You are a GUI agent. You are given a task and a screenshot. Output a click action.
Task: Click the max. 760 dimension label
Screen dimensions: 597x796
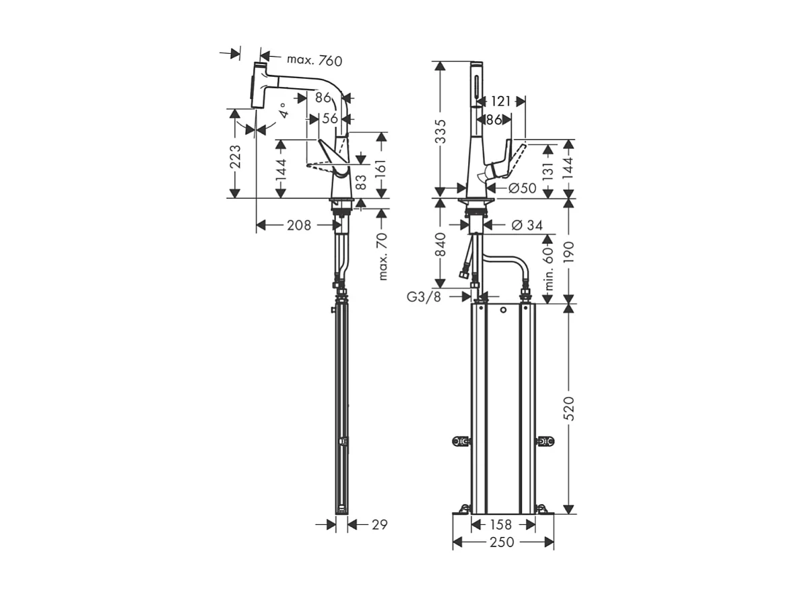tap(314, 60)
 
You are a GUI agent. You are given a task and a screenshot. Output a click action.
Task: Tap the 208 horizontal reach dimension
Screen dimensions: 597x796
tap(298, 225)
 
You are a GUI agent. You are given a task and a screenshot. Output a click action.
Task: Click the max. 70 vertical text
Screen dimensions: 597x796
tap(383, 256)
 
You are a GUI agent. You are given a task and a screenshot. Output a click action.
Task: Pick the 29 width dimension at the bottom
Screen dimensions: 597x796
tap(379, 524)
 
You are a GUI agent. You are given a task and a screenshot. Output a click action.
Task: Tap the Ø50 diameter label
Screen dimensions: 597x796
tap(522, 188)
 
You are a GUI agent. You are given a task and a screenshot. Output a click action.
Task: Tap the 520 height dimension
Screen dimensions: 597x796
tap(570, 407)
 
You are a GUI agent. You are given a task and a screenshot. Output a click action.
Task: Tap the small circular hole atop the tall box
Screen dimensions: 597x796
tap(502, 311)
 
